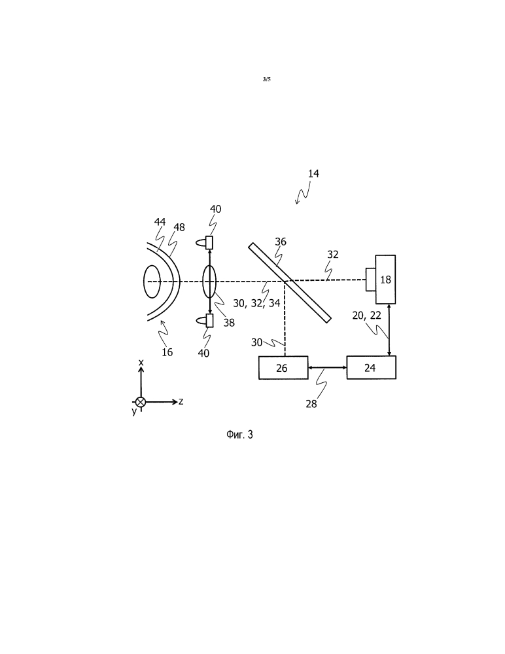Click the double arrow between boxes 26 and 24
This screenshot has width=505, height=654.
point(328,367)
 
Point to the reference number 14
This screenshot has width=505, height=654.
point(313,173)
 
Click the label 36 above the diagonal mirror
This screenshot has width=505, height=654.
point(281,242)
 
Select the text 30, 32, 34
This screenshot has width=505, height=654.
point(256,303)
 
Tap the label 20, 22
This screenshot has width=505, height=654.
point(367,316)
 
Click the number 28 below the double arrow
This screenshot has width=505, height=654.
point(311,404)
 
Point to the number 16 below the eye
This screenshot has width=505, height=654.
point(167,352)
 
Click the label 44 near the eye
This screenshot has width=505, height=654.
point(160,222)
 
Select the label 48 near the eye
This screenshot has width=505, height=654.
point(179,227)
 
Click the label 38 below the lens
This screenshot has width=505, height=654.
point(229,322)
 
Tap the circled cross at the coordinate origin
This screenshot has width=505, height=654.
point(141,402)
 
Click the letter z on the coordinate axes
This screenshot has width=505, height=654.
point(181,402)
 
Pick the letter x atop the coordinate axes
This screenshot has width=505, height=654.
point(141,363)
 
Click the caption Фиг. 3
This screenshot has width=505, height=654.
point(239,435)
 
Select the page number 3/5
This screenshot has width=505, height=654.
point(267,79)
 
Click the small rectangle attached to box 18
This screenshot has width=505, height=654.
point(370,280)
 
